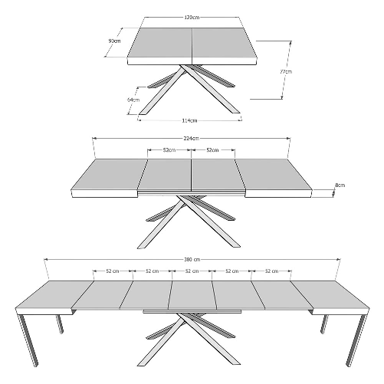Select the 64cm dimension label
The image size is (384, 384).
tap(133, 99)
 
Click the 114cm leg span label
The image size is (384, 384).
tap(190, 120)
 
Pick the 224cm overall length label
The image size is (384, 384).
tap(192, 138)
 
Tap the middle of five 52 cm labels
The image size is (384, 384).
tap(191, 271)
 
